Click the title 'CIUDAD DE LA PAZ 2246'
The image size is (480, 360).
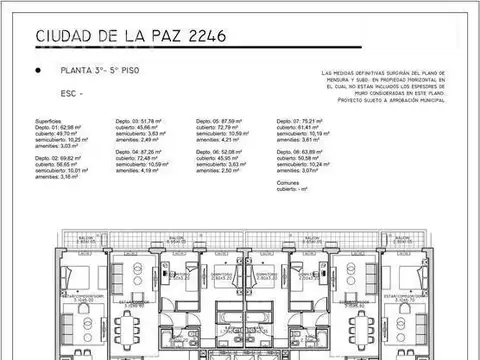pos(131,37)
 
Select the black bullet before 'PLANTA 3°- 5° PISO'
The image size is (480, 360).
pos(38,71)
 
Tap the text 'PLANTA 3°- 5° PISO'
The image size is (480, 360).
pos(96,71)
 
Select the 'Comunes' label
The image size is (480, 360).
pos(289,183)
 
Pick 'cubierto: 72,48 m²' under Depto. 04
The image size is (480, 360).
pos(137,158)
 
